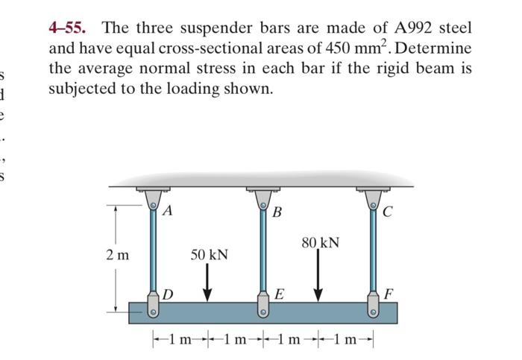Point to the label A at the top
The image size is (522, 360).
168,211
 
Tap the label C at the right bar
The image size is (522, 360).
387,211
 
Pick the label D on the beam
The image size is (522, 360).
168,295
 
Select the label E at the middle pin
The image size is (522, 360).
278,295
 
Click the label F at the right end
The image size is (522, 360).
388,293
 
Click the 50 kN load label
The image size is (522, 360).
209,255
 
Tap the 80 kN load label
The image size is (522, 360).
320,242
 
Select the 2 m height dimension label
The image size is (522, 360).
118,254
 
